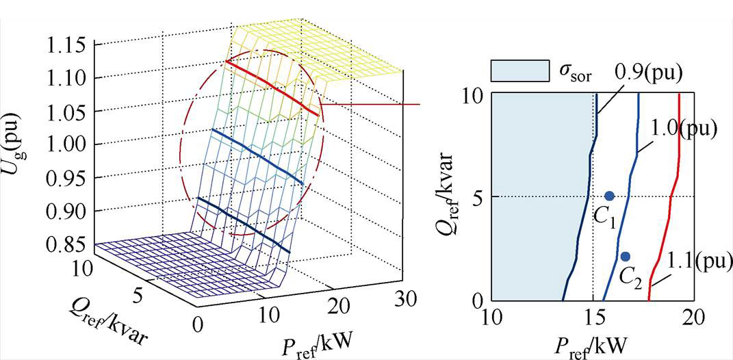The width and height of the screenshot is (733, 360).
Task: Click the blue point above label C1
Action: coord(610,196)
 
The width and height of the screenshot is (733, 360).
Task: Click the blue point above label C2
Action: coord(625,257)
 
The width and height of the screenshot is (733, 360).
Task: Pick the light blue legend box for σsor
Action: coord(520,70)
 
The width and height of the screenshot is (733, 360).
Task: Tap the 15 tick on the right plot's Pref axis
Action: coord(593,317)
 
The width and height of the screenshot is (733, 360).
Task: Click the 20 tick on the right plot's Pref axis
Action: coord(694,317)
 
